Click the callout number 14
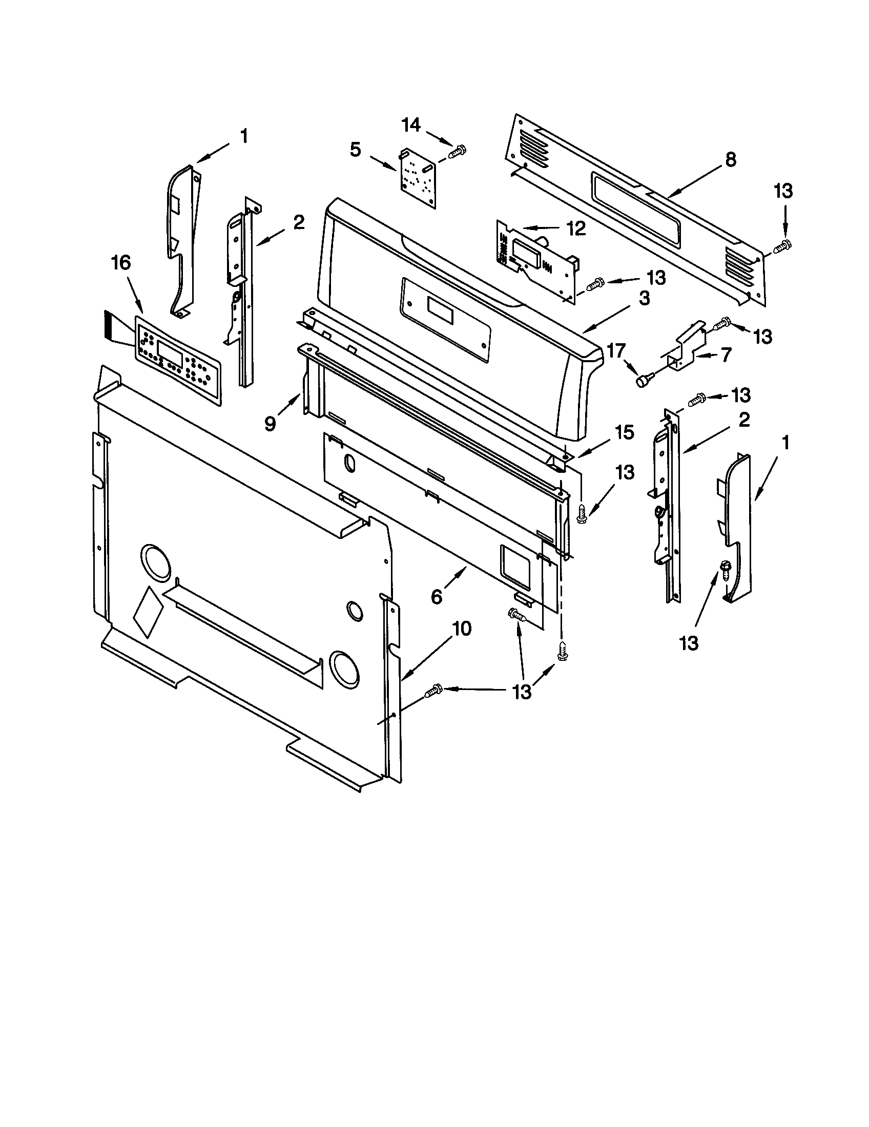tap(411, 126)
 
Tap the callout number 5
tap(355, 150)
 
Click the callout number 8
tap(730, 160)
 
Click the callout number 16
tap(121, 263)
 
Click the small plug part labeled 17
tap(644, 381)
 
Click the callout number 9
tap(271, 424)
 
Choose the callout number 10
tap(462, 629)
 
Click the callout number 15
tap(624, 432)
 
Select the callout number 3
tap(644, 299)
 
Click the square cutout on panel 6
tap(515, 567)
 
